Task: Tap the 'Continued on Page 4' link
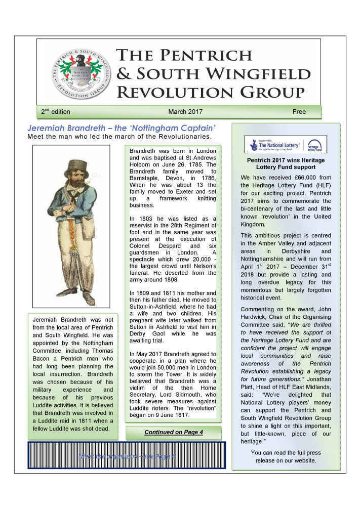tap(173, 432)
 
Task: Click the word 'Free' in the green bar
tap(299, 111)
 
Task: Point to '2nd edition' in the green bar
tap(56, 111)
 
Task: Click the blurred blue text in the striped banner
tap(127, 457)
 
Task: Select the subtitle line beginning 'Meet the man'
tap(119, 137)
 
